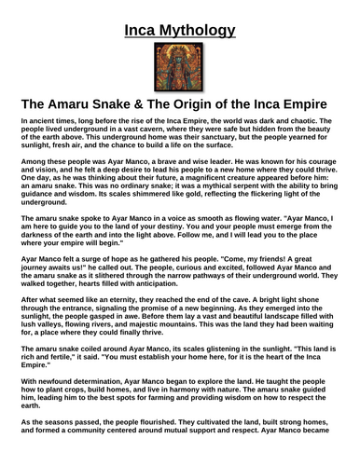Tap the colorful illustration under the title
click(x=179, y=61)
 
